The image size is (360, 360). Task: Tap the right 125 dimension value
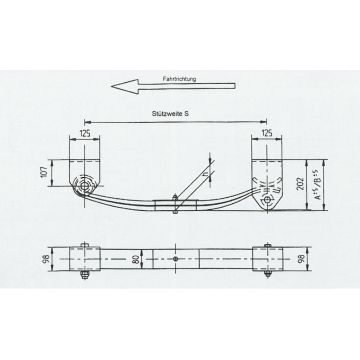[x=266, y=131]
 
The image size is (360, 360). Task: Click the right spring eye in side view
[x=266, y=200]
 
